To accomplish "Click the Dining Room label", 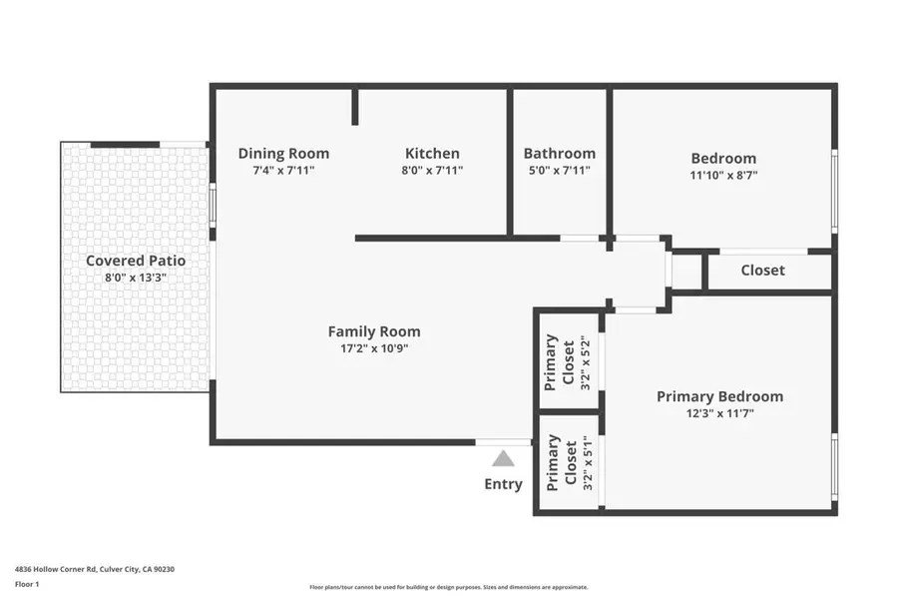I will point(283,154).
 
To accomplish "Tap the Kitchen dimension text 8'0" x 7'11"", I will point(432,171).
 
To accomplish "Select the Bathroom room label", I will point(559,154).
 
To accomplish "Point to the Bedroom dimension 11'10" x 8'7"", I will point(723,175).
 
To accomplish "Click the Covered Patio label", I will point(136,261).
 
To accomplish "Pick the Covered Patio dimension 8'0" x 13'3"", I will point(136,278).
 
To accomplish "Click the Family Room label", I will point(374,331).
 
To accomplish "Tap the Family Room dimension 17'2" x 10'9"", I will point(374,348).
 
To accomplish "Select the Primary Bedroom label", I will point(719,396).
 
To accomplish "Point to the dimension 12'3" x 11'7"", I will point(719,413).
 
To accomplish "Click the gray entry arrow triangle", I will point(503,458).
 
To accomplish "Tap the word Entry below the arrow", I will point(503,484).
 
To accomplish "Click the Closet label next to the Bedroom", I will point(762,270).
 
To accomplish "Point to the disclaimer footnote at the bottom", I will point(448,587).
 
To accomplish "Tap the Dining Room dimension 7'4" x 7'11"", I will point(283,171).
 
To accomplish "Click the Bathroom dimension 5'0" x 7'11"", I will point(559,171).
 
